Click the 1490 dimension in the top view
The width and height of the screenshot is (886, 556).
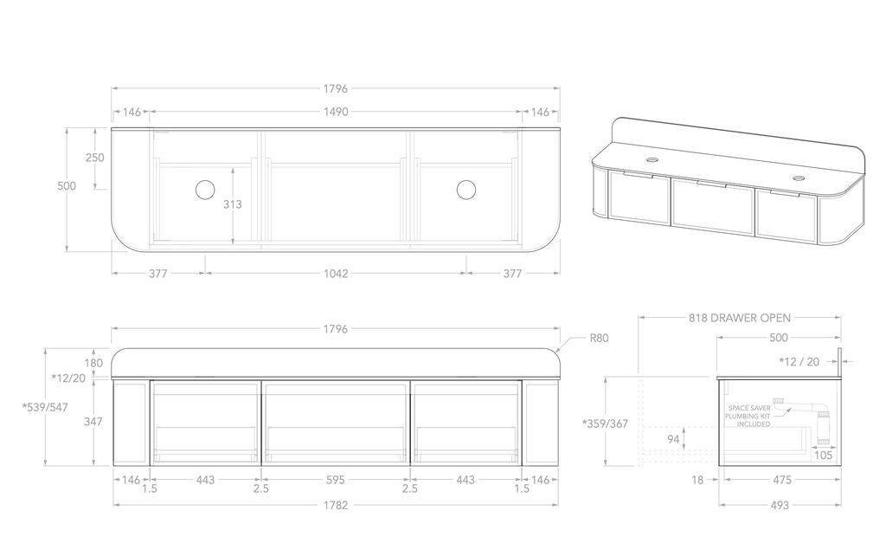click(x=336, y=112)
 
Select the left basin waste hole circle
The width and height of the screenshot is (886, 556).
click(x=205, y=190)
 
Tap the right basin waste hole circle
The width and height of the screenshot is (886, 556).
click(x=466, y=190)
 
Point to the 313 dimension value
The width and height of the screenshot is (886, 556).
click(x=232, y=205)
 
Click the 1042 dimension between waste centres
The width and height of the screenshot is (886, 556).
click(x=336, y=274)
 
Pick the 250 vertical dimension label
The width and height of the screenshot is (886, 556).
click(x=95, y=158)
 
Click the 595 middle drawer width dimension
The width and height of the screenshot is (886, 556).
click(x=336, y=480)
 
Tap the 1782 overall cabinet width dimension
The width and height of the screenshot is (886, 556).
click(x=336, y=506)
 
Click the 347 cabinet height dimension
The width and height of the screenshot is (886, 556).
click(x=95, y=422)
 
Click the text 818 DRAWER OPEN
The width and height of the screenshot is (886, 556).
click(x=740, y=318)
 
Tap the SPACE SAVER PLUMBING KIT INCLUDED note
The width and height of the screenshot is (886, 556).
click(x=748, y=416)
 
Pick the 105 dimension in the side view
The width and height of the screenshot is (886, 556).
click(x=825, y=456)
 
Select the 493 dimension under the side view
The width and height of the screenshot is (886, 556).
click(x=780, y=506)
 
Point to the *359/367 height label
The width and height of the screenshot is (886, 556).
click(x=606, y=423)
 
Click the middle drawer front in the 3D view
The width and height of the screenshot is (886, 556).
click(x=712, y=207)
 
